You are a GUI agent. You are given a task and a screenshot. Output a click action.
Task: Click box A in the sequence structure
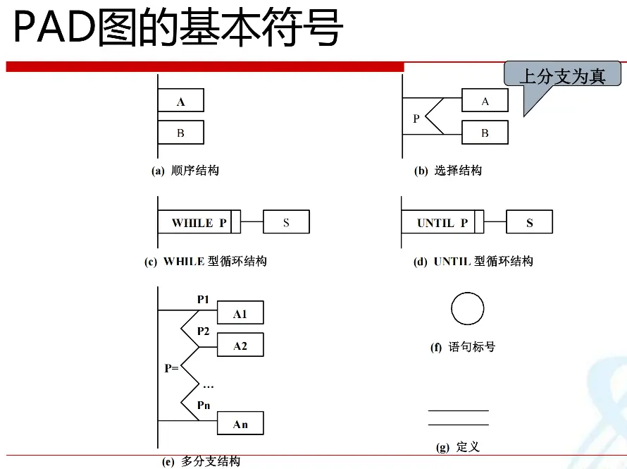(181, 100)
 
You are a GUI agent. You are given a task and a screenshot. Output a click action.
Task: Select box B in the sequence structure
(181, 133)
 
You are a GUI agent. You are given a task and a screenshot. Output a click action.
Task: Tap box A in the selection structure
(485, 100)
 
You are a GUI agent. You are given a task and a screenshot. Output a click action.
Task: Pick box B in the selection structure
(485, 133)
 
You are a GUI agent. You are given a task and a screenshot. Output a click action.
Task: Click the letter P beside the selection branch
(416, 118)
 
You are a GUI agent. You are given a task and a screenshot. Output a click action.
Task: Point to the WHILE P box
(199, 221)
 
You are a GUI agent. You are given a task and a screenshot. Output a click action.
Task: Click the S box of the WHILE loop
(286, 221)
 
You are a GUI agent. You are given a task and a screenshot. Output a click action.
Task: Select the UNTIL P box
(442, 221)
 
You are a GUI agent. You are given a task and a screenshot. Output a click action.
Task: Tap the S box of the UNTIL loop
(530, 221)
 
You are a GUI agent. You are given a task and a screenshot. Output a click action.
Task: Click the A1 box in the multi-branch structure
(240, 312)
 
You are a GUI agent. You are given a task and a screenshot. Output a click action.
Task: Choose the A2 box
(240, 345)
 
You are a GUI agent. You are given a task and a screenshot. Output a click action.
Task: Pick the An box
(240, 423)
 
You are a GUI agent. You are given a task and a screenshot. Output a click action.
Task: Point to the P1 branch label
(203, 299)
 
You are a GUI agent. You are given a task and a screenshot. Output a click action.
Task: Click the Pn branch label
(204, 406)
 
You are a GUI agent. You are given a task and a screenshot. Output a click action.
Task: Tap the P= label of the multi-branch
(172, 367)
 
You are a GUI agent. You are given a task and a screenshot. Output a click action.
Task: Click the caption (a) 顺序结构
(185, 171)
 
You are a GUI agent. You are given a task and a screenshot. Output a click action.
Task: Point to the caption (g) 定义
(458, 446)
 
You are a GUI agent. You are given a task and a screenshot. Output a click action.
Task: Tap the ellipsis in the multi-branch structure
(209, 386)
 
